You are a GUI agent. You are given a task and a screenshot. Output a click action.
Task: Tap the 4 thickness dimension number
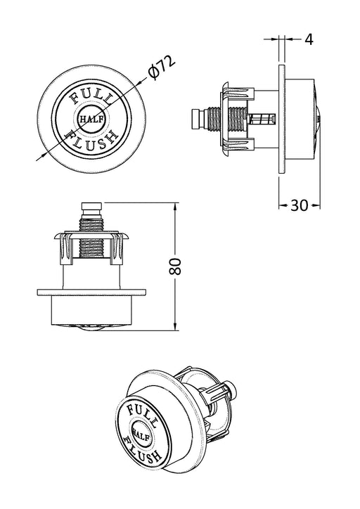309,39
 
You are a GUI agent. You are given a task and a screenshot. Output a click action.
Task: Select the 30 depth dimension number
299,205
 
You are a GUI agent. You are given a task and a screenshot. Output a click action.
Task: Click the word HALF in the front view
92,119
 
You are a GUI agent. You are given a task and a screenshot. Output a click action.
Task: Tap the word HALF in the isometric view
141,434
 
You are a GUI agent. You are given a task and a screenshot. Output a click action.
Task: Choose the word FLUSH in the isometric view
143,450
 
